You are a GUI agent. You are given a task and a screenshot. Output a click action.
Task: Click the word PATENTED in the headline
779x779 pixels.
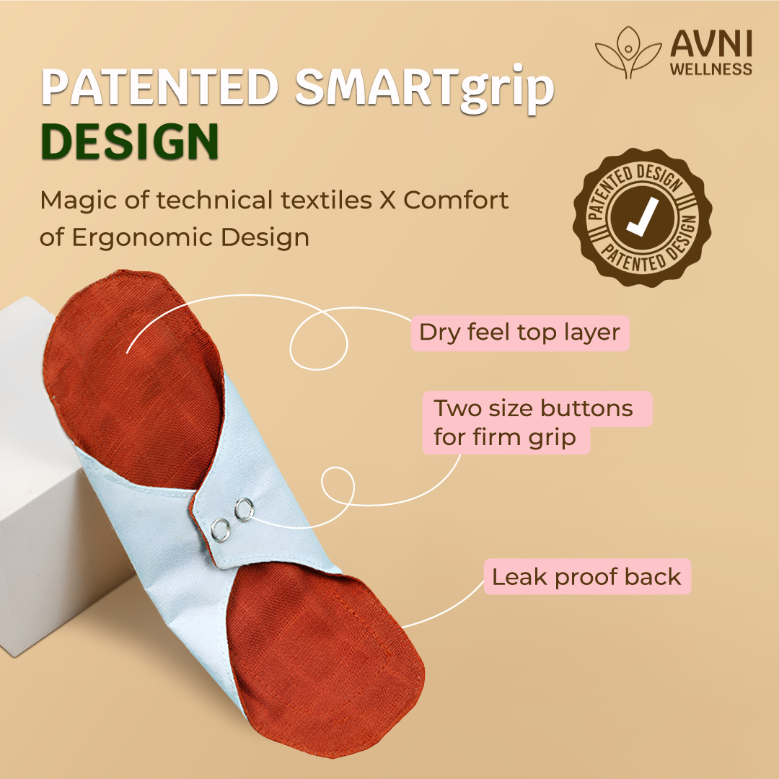click(159, 88)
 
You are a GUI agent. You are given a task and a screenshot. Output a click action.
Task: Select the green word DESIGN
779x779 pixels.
click(130, 142)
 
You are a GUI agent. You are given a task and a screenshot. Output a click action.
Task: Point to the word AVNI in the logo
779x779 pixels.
click(711, 45)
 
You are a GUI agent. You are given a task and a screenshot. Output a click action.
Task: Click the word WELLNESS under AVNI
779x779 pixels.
click(711, 69)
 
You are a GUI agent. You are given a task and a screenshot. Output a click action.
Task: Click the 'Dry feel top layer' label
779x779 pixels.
click(519, 333)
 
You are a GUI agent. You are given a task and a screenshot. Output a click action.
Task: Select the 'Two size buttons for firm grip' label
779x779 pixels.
click(534, 423)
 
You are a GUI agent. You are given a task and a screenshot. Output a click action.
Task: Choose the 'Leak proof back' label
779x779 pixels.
click(586, 576)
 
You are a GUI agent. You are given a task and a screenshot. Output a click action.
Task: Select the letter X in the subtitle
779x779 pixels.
click(387, 200)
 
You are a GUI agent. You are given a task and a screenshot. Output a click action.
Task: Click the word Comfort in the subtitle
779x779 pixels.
click(457, 200)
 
